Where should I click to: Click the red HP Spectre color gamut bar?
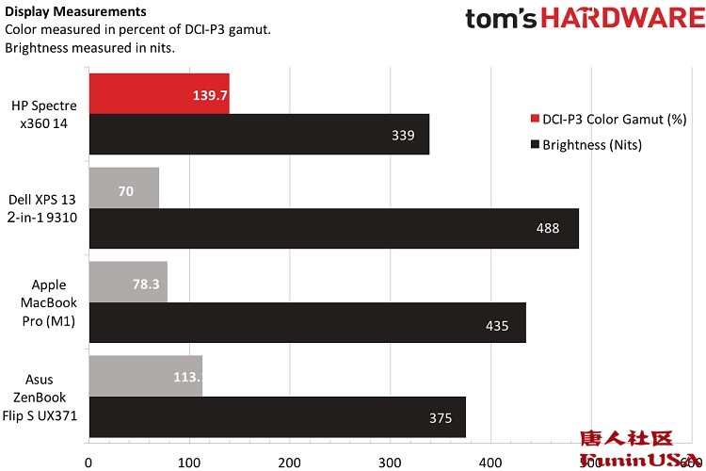[158, 93]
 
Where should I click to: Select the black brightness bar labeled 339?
[259, 135]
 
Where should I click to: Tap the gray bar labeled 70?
[123, 187]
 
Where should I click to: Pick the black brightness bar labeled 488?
[333, 228]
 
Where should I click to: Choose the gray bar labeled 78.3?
[127, 282]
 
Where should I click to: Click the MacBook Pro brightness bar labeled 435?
[307, 323]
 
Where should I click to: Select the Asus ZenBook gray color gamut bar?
[145, 375]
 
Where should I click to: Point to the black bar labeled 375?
[277, 417]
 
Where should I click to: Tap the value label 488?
[547, 228]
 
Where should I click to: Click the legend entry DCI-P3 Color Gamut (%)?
[608, 120]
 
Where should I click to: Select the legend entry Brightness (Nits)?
[594, 144]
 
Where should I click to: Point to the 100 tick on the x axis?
[188, 462]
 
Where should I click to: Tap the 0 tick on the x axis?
[88, 462]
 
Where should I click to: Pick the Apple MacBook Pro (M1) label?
[48, 302]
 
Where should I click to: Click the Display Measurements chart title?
[75, 12]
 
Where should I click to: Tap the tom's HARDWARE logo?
[585, 19]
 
